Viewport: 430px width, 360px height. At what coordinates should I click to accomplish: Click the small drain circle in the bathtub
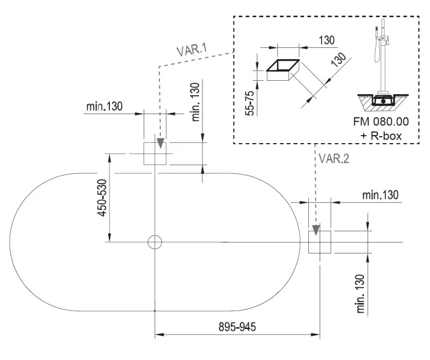pos(155,242)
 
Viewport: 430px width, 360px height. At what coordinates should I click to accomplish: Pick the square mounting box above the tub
pos(155,153)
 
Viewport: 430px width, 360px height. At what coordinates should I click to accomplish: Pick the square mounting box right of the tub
pos(319,242)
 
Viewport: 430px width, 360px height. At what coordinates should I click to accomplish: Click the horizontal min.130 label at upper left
pos(104,106)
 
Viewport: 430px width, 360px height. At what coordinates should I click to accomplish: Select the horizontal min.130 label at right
pos(380,195)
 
